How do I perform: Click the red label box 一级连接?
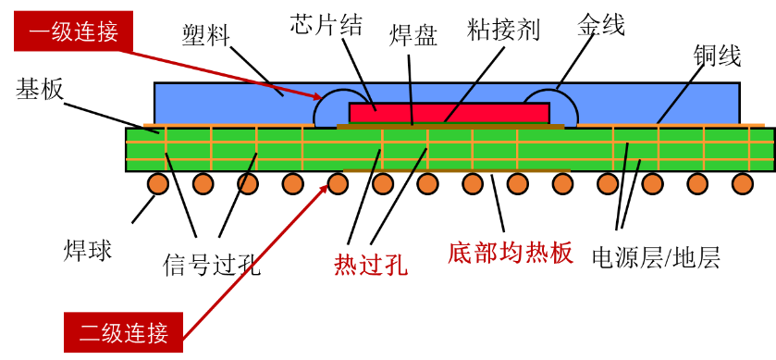(x=73, y=31)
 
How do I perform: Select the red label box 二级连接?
(x=123, y=332)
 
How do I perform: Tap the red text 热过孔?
(x=370, y=265)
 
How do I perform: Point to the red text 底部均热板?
(x=510, y=253)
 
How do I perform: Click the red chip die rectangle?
(x=449, y=113)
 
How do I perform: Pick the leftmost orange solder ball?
(x=158, y=183)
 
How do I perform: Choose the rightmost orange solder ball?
(x=743, y=183)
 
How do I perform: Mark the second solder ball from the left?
(x=203, y=183)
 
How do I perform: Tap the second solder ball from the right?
(x=697, y=183)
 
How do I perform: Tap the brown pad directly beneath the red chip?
(x=450, y=127)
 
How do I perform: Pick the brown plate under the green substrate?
(x=457, y=171)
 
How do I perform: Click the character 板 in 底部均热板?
(x=561, y=253)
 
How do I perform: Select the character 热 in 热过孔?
(x=346, y=265)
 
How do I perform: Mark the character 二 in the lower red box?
(x=89, y=332)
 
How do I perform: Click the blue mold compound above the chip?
(x=444, y=92)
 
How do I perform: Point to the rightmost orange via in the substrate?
(x=749, y=148)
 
